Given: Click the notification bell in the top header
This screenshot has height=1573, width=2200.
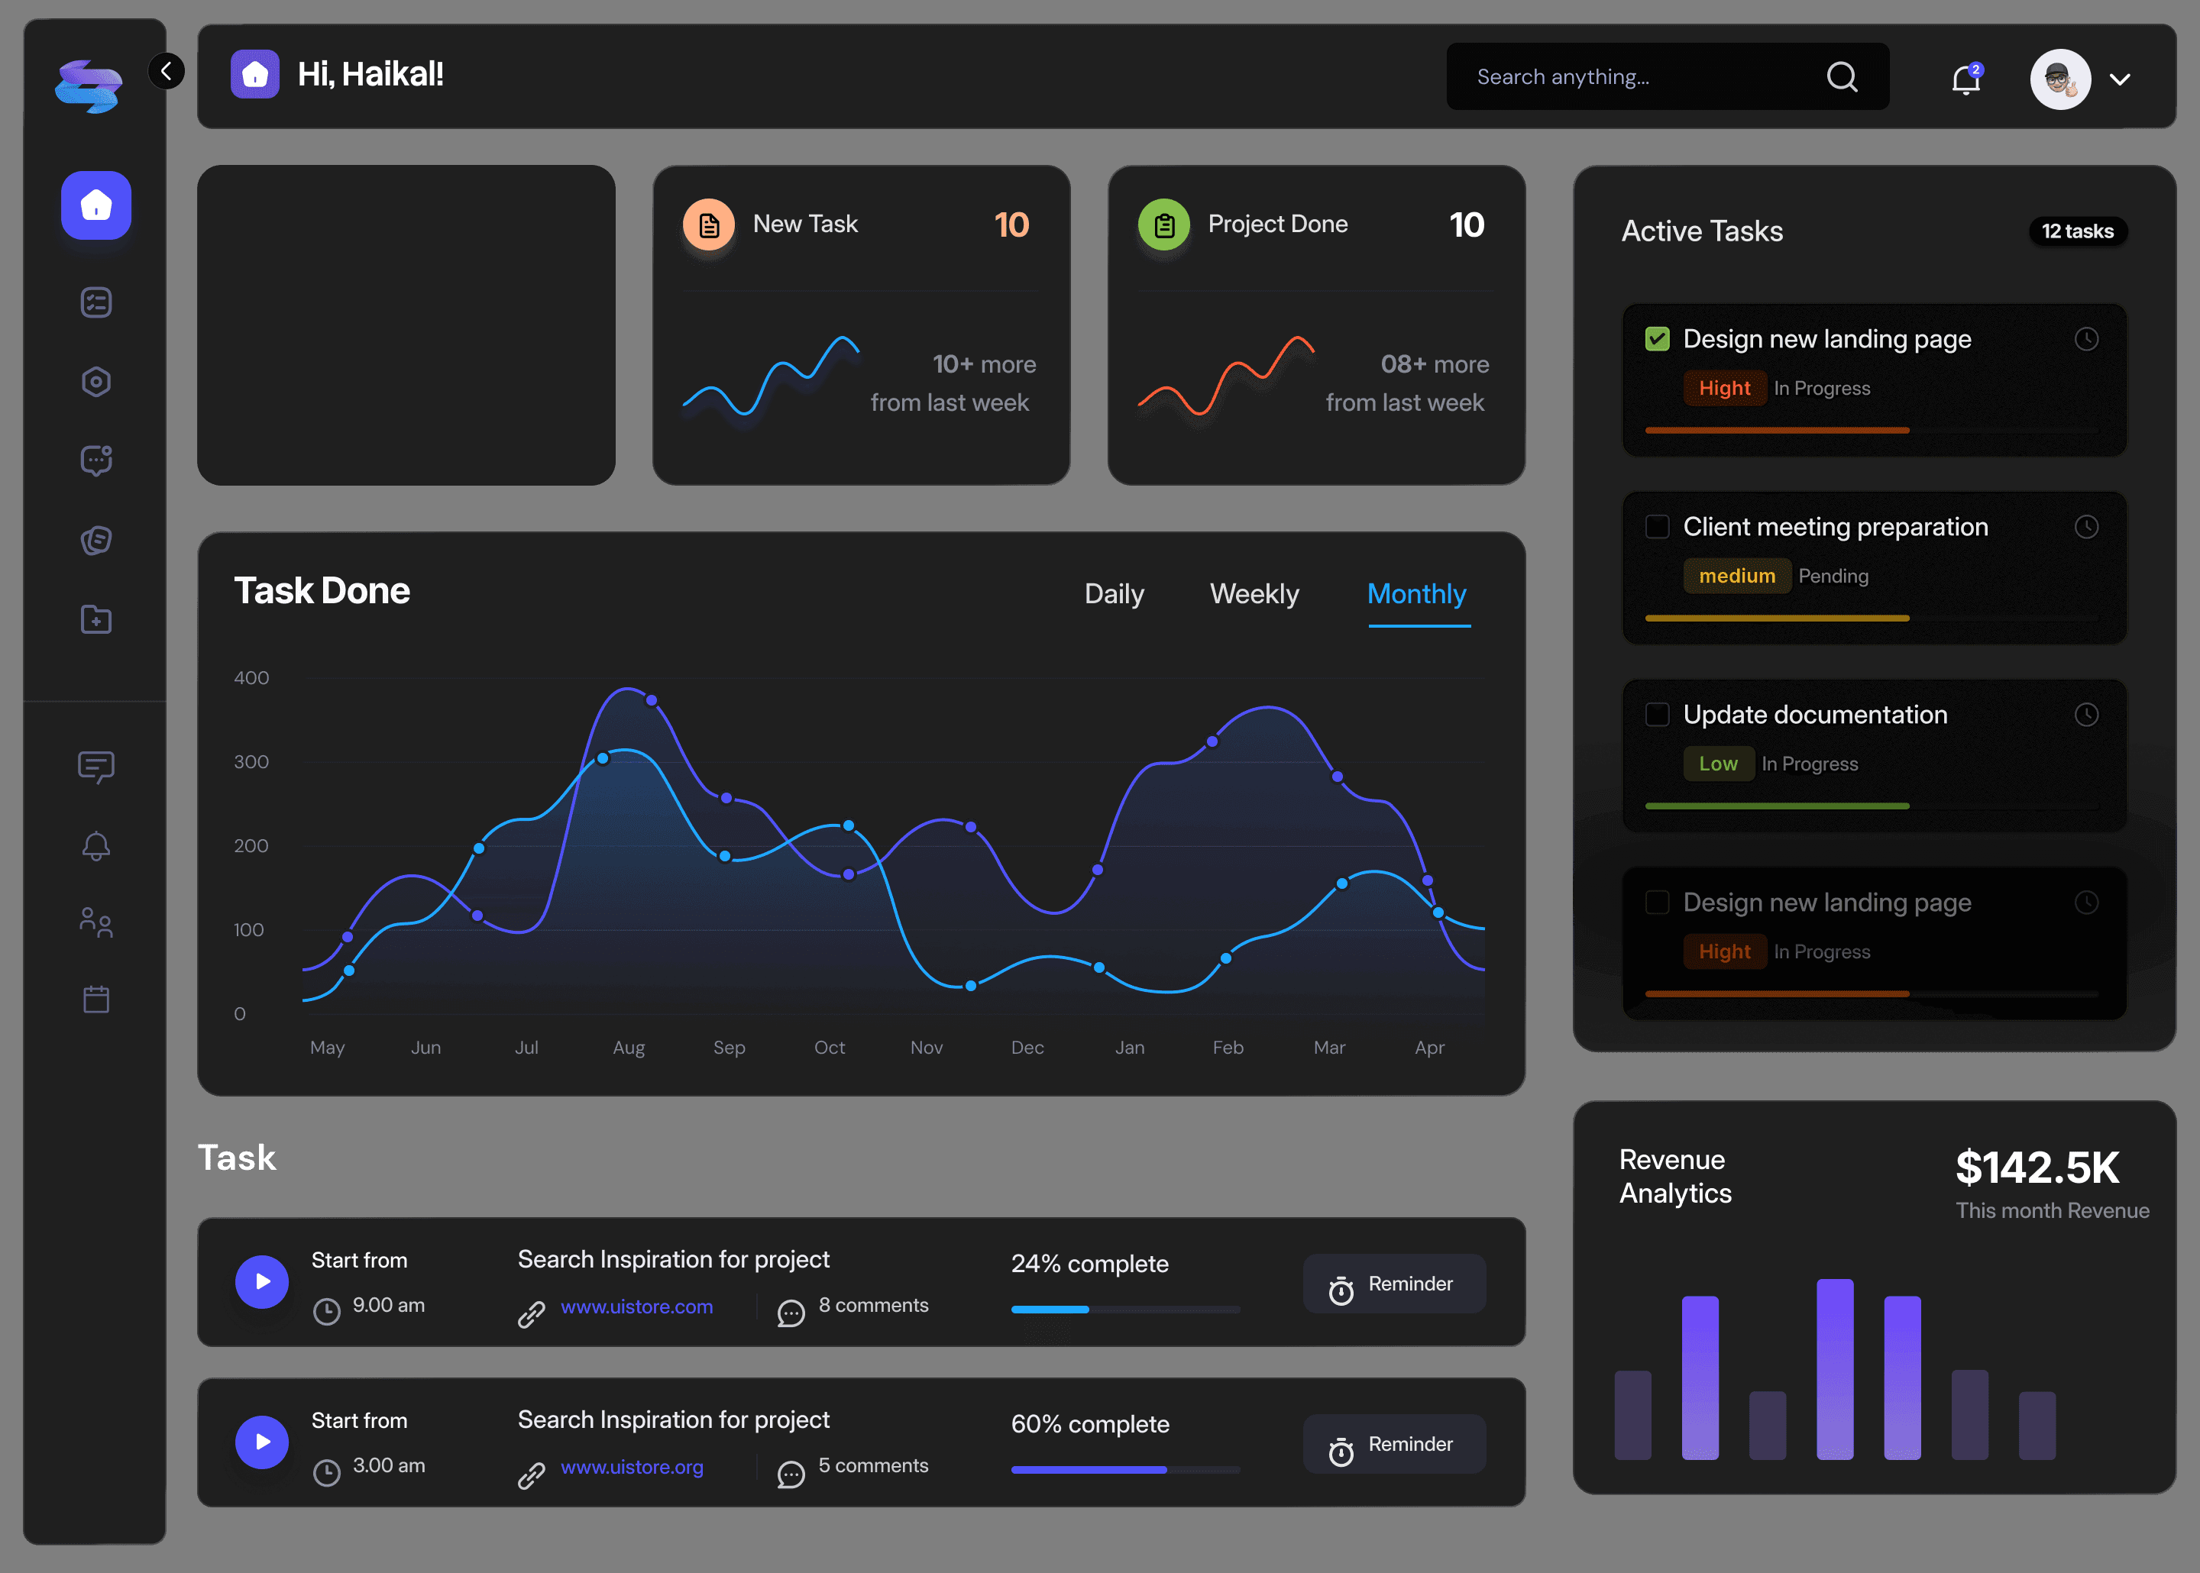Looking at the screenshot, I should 1965,79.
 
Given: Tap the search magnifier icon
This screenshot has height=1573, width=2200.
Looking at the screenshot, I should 1842,76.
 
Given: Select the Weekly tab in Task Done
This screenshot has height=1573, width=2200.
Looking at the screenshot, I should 1254,594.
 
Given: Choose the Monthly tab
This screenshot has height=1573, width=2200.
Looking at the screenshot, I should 1416,594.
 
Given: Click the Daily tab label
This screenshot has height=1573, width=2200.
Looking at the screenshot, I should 1114,594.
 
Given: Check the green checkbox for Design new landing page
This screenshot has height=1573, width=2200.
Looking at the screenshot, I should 1658,339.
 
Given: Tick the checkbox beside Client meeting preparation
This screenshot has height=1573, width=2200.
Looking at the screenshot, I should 1658,527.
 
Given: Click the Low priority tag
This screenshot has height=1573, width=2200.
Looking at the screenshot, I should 1717,764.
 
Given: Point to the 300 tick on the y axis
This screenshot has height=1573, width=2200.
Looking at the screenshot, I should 251,761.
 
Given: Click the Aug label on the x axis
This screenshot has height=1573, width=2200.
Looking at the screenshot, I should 629,1047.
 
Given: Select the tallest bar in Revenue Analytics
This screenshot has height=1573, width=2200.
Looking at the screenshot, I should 1835,1368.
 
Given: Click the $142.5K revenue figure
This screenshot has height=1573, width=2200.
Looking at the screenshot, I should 2037,1168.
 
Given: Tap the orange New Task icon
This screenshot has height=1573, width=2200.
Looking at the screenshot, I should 709,224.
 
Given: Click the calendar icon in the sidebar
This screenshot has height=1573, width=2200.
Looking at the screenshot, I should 96,999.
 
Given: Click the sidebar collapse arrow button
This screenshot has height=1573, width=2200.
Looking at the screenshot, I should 166,71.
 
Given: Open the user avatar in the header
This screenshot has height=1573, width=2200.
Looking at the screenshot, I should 2060,79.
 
